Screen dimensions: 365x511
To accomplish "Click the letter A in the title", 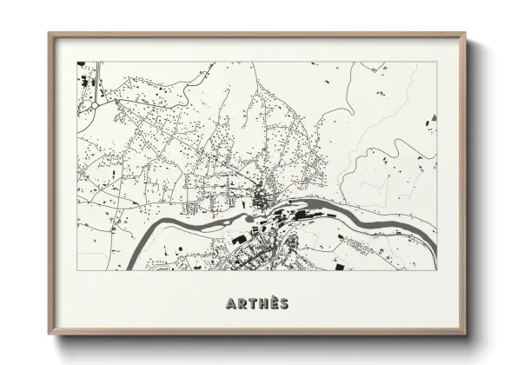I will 231,304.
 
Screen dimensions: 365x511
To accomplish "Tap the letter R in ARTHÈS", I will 242,304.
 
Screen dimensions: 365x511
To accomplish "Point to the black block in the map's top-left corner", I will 81,65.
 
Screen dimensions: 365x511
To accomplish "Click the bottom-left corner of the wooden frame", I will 50,335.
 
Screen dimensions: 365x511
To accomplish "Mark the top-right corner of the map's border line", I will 437,62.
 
